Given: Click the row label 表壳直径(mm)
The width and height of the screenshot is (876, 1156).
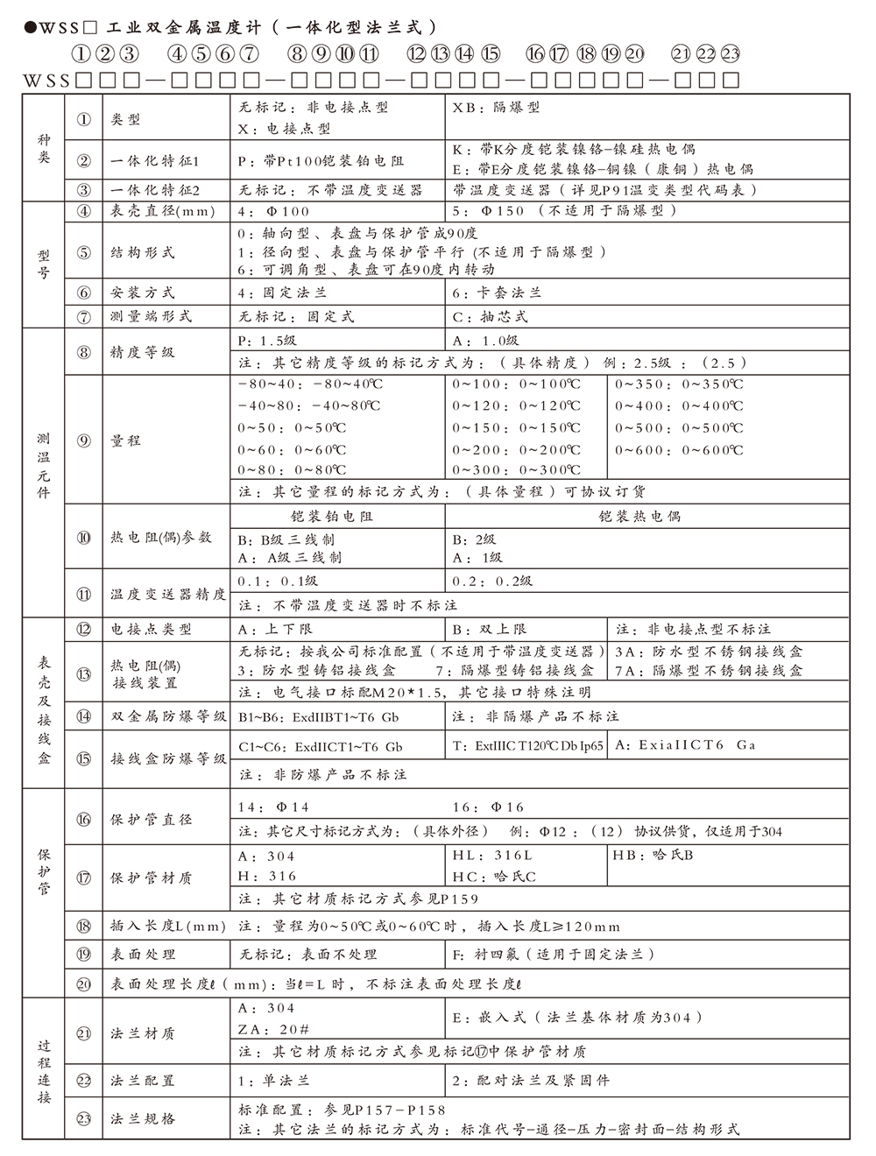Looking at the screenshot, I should tap(162, 211).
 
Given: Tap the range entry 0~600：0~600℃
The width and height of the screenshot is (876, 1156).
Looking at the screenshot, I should tap(679, 450).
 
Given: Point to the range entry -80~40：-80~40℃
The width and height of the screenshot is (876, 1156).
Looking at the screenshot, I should tap(309, 384).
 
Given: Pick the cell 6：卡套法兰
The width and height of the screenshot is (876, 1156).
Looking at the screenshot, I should tap(497, 293).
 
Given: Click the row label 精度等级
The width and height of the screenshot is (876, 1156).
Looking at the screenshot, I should tap(143, 352).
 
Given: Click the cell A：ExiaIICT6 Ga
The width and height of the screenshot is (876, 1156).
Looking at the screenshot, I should tap(685, 745).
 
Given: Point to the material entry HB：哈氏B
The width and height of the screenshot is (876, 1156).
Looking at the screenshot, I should tap(653, 856).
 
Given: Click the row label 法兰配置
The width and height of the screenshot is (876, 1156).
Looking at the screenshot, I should tap(143, 1081).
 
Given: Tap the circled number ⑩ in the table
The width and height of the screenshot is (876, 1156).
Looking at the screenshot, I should tap(84, 537).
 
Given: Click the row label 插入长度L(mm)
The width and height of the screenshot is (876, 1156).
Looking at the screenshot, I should tap(168, 927).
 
